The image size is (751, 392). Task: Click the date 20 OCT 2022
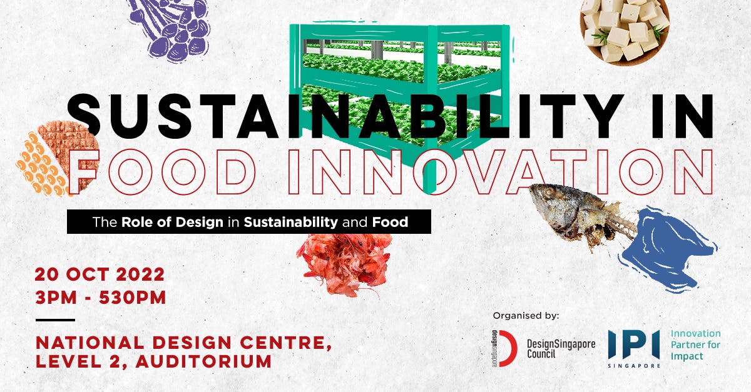100,274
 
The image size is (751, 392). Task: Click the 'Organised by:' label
526,315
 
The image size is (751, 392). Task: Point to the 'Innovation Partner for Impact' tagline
695,345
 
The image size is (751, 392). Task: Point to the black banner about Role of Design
249,221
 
